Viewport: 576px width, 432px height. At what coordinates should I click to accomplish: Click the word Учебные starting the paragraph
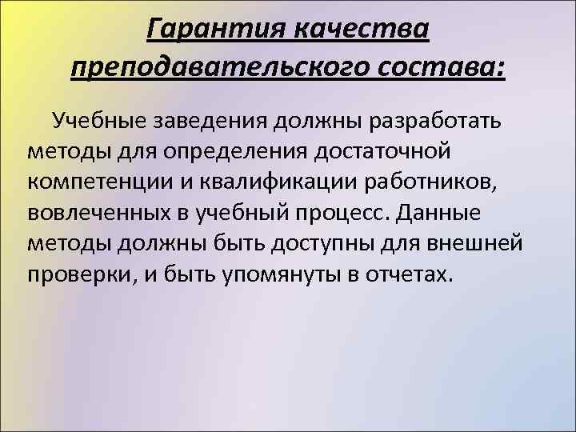[x=98, y=121]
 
